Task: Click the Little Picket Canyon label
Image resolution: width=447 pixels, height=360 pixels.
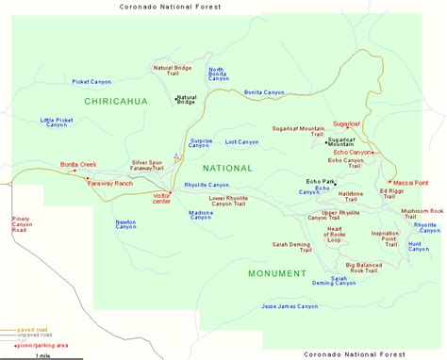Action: (x=59, y=123)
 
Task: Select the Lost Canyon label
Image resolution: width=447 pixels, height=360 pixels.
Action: (x=242, y=142)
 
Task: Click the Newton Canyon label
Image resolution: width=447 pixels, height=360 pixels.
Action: (x=126, y=224)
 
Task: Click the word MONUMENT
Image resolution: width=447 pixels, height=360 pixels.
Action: (x=277, y=273)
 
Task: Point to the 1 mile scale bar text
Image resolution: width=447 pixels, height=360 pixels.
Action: (x=41, y=355)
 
